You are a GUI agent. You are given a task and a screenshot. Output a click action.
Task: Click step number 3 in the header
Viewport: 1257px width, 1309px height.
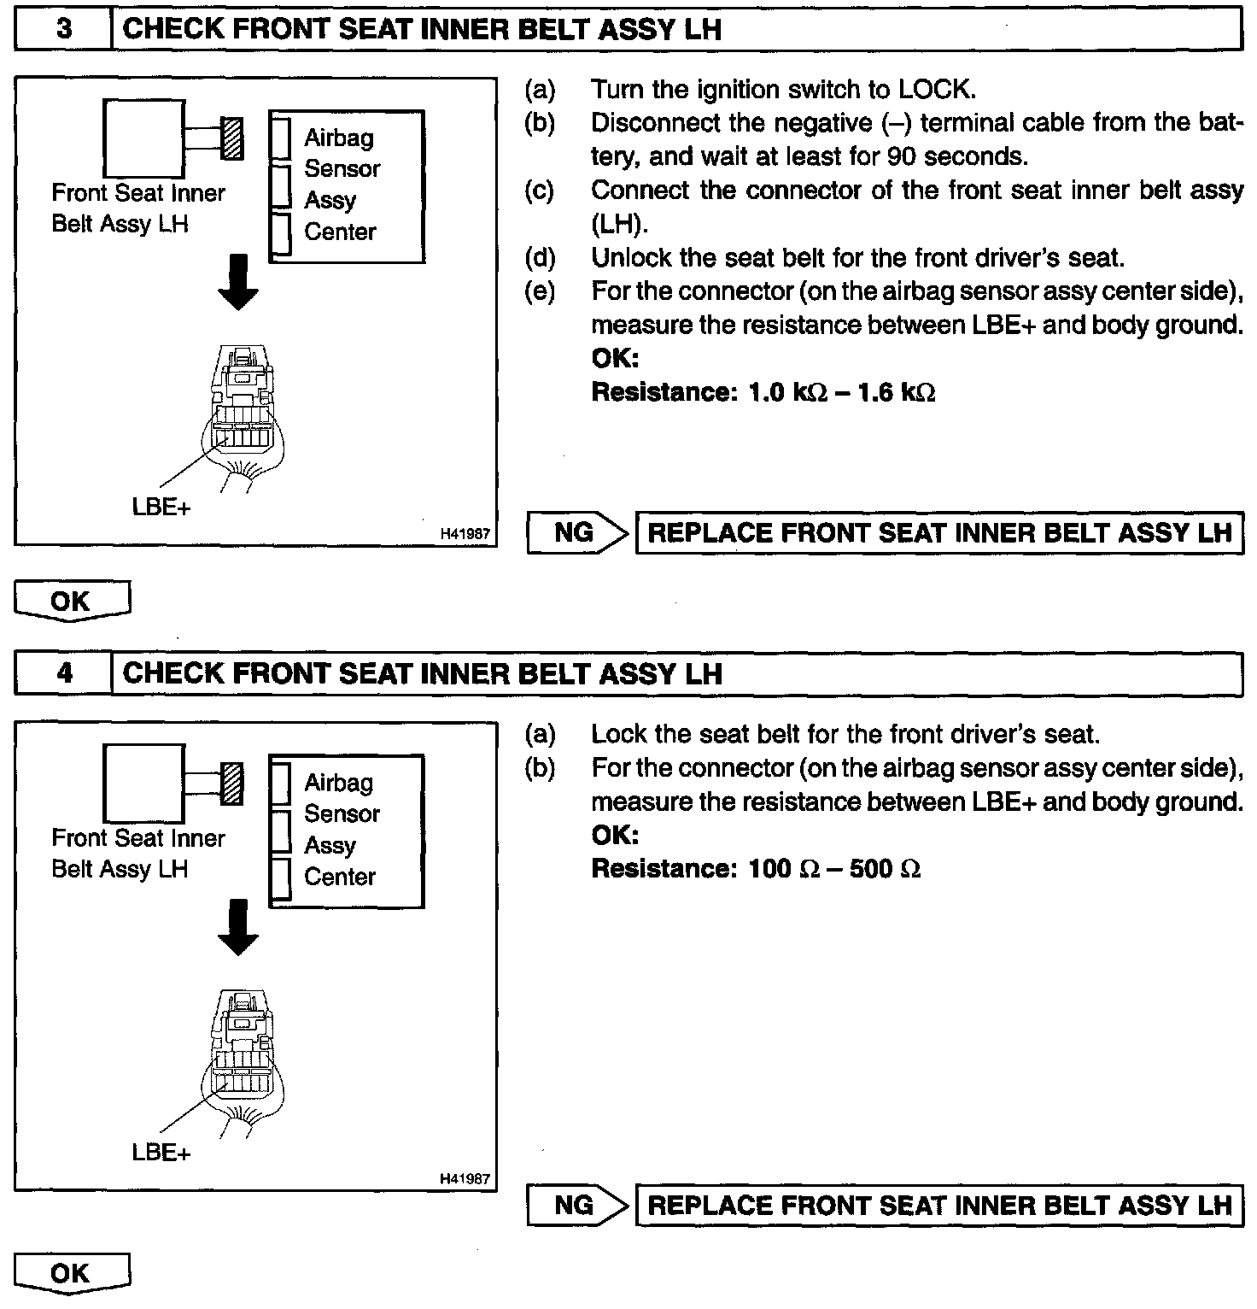coord(64,29)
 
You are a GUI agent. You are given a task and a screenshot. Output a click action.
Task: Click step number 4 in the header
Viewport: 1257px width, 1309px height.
coord(64,673)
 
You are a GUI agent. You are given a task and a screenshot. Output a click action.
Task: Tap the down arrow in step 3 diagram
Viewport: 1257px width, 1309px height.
coord(238,283)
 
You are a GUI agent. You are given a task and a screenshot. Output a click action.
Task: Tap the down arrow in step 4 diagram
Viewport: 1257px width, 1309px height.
coord(238,928)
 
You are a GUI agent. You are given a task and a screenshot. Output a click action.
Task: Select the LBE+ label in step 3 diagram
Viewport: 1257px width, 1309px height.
coord(161,508)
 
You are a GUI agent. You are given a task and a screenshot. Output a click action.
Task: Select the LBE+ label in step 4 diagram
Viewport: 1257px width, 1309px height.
coord(161,1153)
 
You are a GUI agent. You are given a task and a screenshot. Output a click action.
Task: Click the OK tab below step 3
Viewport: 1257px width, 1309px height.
coord(72,601)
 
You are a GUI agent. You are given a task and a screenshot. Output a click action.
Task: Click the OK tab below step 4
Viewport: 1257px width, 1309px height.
coord(72,1273)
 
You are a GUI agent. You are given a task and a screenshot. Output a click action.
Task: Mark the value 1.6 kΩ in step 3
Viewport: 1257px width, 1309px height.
coord(895,393)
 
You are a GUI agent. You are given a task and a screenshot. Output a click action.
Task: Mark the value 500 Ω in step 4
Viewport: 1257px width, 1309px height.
coord(885,870)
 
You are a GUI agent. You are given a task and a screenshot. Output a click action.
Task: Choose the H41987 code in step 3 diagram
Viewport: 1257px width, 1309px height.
coord(465,534)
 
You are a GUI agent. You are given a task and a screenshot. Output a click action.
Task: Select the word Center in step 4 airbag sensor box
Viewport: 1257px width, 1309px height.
coord(340,878)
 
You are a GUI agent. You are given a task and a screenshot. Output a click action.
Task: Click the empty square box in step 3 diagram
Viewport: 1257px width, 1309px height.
coord(143,138)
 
